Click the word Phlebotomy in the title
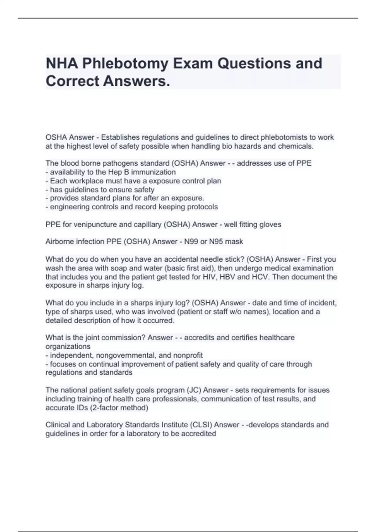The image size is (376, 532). (125, 64)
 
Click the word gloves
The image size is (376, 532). (271, 225)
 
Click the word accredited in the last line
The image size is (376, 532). (199, 434)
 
